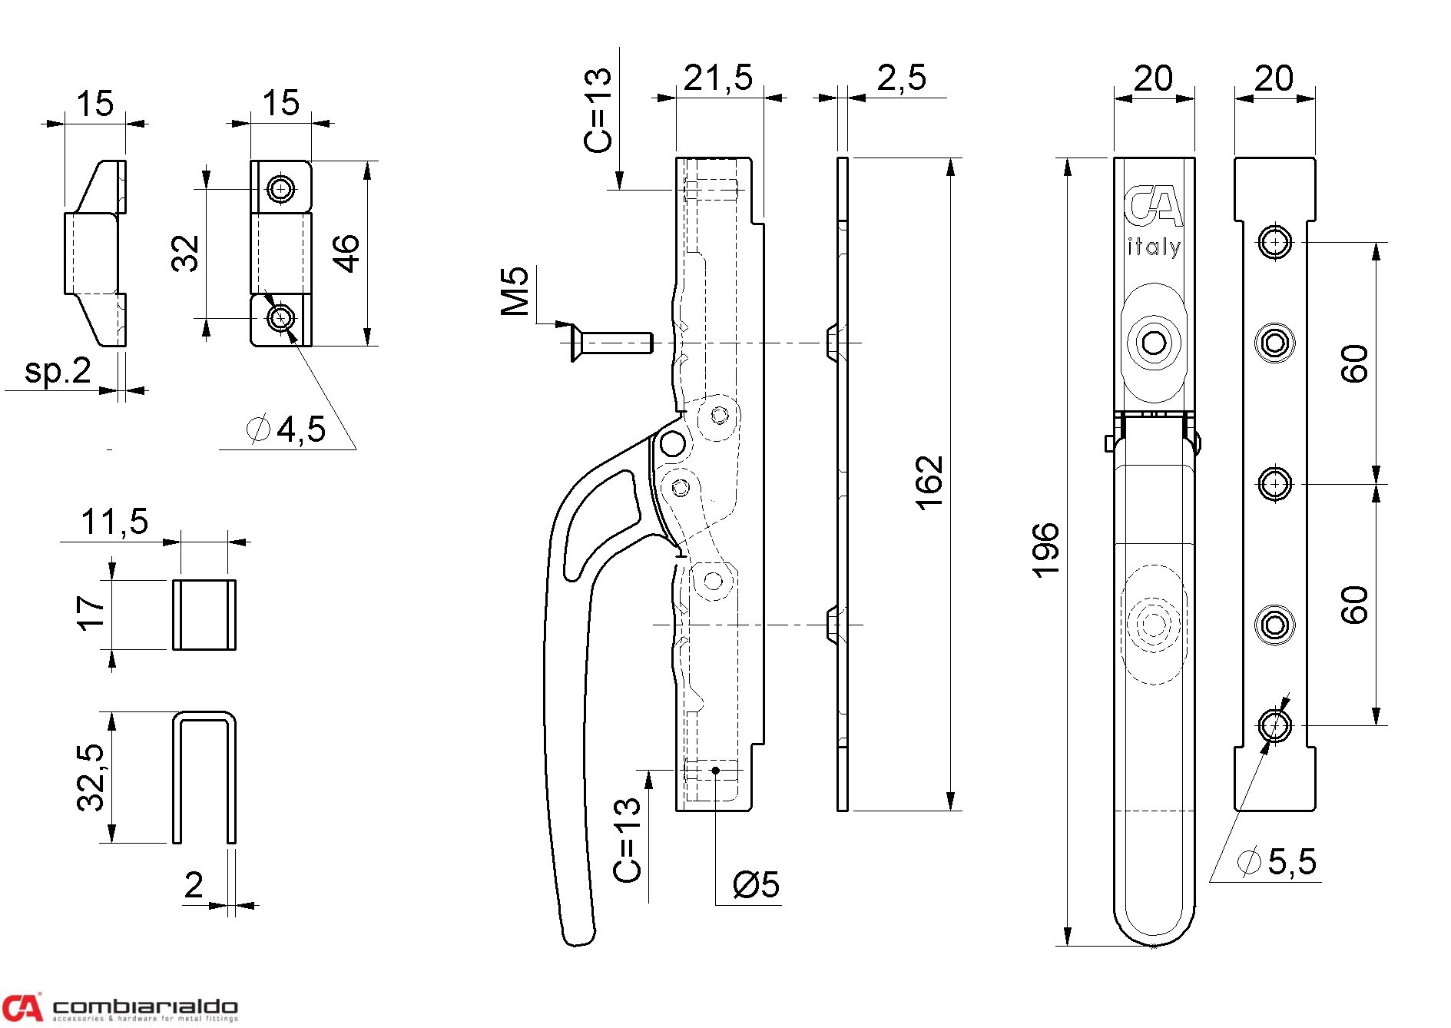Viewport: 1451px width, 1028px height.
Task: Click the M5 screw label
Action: tap(515, 291)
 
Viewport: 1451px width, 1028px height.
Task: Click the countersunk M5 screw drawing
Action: tap(611, 343)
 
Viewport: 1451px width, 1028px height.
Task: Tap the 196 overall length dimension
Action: tap(1045, 550)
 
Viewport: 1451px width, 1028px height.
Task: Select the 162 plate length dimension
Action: tap(929, 482)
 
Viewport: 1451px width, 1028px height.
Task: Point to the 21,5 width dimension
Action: tap(717, 78)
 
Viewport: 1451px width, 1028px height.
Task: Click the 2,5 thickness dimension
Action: tap(901, 78)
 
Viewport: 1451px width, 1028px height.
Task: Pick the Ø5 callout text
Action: tap(756, 885)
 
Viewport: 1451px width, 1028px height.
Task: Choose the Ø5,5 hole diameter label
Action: tap(1277, 862)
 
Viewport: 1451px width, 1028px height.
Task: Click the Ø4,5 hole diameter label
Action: tap(287, 429)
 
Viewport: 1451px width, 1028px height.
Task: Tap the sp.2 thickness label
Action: tap(58, 371)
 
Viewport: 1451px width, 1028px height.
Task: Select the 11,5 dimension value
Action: tap(114, 522)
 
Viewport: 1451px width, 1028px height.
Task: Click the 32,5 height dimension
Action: tap(91, 777)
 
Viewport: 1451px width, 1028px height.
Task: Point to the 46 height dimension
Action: tap(346, 254)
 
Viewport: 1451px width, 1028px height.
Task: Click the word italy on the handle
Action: tap(1153, 247)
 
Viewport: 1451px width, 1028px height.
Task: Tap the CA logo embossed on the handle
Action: tap(1153, 206)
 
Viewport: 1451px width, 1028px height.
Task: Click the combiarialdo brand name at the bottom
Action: tap(145, 1006)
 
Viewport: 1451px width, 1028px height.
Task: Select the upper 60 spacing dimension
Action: tap(1354, 363)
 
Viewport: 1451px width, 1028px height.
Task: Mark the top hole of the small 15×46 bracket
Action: tap(281, 188)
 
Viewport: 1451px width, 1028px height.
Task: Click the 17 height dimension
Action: tap(91, 613)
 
